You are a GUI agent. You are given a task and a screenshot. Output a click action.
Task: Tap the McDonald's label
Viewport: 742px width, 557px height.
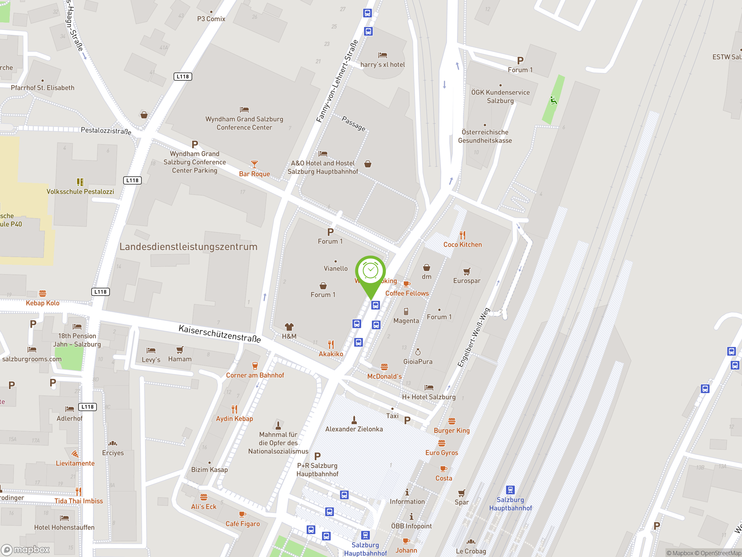(x=384, y=376)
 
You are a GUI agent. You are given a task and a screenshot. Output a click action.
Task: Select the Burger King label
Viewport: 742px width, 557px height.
(x=452, y=431)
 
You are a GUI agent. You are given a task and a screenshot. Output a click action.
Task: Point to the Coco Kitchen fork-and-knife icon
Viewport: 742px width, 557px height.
(x=463, y=235)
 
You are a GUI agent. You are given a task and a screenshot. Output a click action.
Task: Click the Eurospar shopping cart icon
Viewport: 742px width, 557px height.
(x=467, y=271)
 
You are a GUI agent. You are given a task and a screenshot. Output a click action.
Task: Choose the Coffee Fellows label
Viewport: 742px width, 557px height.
(x=407, y=293)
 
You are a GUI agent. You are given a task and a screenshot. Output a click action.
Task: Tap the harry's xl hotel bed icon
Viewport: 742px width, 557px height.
(x=382, y=55)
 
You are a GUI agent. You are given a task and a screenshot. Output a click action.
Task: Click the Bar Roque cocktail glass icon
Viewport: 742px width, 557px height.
(x=254, y=164)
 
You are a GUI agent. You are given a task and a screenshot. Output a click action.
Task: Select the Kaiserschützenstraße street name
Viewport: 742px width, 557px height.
(x=220, y=333)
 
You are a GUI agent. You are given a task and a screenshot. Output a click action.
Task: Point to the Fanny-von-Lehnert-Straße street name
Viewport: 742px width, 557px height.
(x=337, y=81)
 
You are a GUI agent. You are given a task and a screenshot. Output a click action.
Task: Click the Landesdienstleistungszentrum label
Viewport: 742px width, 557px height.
(x=188, y=247)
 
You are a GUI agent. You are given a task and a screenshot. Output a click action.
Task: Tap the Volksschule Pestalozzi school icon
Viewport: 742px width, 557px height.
(x=80, y=182)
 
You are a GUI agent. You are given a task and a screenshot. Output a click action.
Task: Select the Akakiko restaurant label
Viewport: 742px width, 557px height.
(x=331, y=354)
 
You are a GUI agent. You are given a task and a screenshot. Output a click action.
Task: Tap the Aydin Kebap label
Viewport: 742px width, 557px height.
(x=234, y=419)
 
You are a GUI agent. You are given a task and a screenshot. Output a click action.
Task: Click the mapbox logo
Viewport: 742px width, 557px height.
(x=26, y=550)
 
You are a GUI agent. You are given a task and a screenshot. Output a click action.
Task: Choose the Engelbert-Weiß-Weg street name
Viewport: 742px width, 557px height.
(x=473, y=337)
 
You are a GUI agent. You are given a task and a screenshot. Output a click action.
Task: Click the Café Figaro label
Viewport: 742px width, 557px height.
(x=243, y=524)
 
